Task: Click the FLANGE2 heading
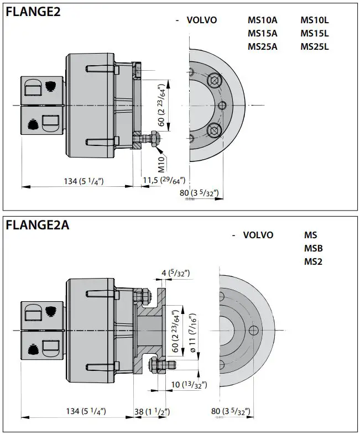33,12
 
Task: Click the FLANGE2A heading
38,225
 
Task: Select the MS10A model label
262,20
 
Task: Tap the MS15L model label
314,33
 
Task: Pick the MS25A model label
262,46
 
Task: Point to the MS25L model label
314,46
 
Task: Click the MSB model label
314,248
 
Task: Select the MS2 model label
313,261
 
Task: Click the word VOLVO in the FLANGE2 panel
202,20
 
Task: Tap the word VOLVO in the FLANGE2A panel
258,235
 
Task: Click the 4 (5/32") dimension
176,273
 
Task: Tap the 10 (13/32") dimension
188,384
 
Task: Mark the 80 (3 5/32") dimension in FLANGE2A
231,412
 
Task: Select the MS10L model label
314,20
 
